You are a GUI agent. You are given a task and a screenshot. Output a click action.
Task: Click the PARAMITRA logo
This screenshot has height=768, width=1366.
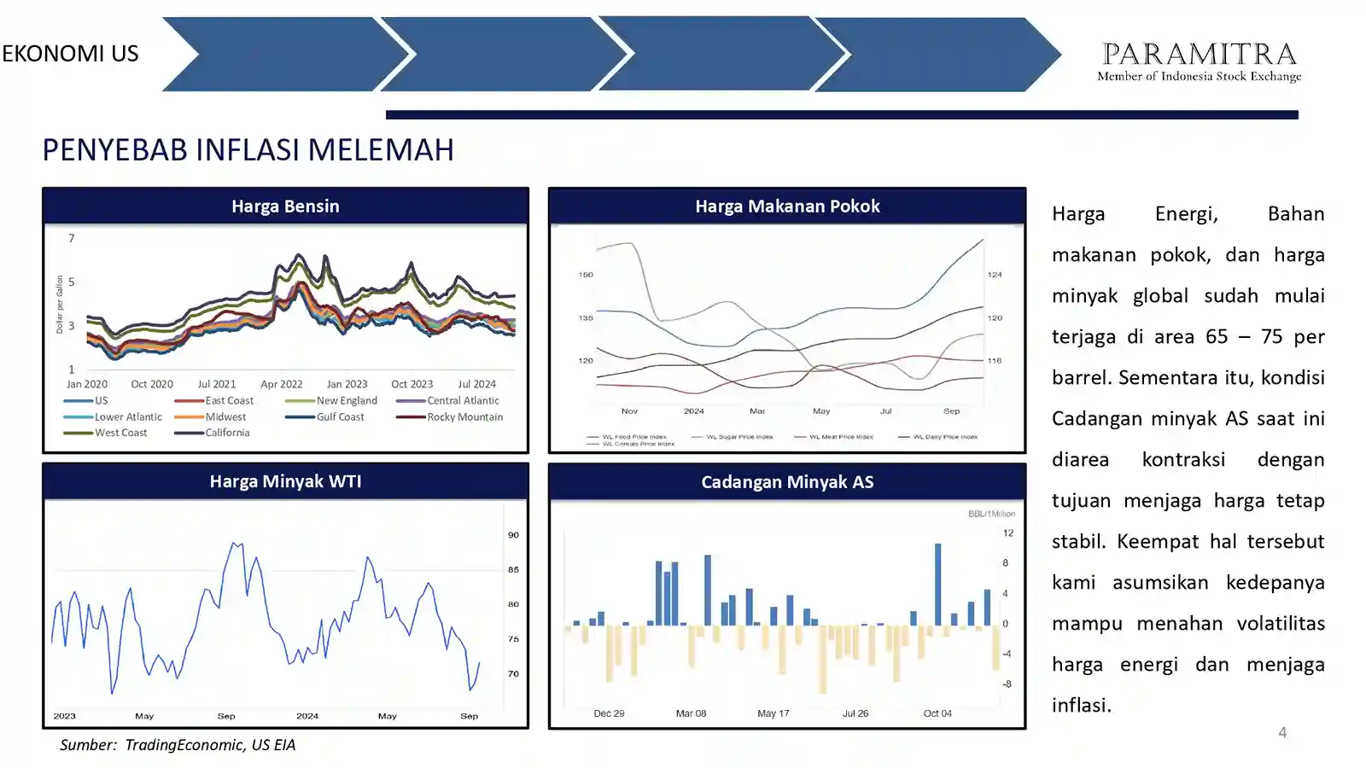(1199, 61)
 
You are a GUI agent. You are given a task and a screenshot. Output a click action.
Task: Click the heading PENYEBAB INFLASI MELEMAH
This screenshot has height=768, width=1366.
(248, 150)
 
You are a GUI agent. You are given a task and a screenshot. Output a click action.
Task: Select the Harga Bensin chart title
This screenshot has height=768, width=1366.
(285, 207)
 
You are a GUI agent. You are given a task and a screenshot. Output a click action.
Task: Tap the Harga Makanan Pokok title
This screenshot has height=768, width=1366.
(786, 207)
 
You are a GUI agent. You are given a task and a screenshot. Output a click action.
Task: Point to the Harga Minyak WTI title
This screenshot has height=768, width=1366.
(285, 481)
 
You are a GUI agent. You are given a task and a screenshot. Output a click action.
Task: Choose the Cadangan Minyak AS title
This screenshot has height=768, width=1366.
(786, 482)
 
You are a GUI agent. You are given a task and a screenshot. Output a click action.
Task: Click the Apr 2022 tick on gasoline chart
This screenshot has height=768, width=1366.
(281, 385)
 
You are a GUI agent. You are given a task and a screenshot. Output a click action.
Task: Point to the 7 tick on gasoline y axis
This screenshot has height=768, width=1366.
(72, 238)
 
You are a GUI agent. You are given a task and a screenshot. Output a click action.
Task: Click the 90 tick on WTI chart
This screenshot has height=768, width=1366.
(513, 535)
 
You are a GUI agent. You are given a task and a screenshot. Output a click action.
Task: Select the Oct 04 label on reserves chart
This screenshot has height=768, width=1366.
(937, 713)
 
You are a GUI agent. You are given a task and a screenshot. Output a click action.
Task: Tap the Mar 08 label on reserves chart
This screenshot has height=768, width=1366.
(691, 713)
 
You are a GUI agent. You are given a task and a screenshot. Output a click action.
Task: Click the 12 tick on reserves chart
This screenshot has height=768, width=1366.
(1007, 533)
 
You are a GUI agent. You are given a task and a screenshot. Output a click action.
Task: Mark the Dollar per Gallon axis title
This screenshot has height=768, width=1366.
(60, 304)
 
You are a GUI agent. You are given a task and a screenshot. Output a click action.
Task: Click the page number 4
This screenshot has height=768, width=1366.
(1281, 732)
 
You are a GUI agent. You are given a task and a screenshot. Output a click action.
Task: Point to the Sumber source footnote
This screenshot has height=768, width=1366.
(178, 745)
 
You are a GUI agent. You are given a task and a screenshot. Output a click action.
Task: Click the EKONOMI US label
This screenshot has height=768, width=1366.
(70, 54)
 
